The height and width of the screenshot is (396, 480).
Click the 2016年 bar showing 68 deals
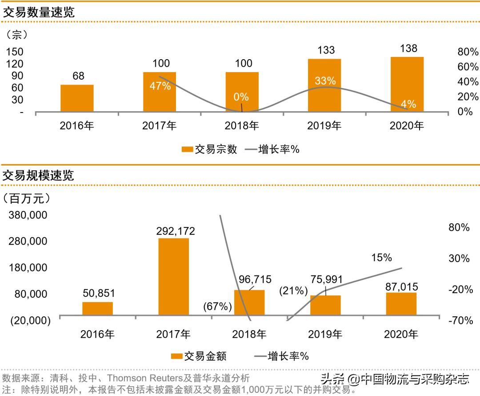pos(77,98)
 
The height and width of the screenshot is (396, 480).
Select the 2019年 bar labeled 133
pos(324,85)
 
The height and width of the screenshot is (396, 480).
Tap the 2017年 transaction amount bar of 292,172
pos(173,276)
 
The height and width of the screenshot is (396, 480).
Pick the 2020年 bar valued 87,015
pos(401,303)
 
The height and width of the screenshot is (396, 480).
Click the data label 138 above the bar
pos(408,48)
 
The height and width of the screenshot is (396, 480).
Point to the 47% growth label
pos(160,86)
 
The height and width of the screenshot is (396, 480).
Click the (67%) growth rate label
pos(218,307)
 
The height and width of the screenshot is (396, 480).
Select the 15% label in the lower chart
pos(381,258)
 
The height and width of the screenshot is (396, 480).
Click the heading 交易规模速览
pos(39,175)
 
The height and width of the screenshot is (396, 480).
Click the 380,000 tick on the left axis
pos(28,215)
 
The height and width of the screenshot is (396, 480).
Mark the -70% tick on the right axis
pos(461,320)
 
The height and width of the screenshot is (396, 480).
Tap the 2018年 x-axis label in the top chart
pos(242,126)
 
